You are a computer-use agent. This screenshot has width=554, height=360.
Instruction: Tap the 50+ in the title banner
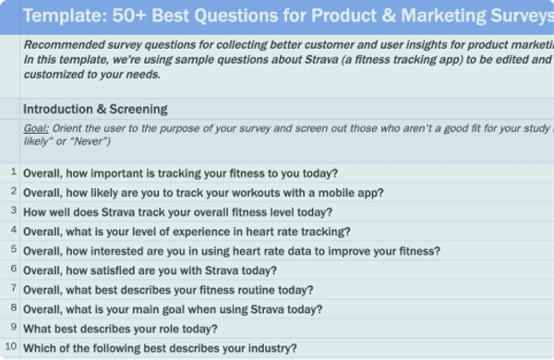tap(129, 16)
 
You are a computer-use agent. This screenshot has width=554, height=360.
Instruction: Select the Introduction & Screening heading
tap(95, 109)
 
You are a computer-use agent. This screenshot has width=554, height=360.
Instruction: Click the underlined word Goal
tap(36, 128)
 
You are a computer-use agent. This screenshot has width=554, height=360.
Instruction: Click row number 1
tap(14, 172)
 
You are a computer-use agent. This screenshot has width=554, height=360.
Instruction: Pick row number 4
tap(14, 230)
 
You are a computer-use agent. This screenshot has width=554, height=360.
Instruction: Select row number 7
tap(14, 288)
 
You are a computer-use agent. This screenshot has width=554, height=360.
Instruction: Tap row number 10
tap(11, 346)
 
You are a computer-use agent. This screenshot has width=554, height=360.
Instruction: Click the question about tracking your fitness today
tap(181, 174)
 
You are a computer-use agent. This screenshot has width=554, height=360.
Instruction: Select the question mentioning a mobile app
tap(203, 193)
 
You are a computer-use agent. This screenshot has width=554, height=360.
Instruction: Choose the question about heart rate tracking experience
tap(187, 232)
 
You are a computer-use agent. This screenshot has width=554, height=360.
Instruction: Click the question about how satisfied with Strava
tap(151, 270)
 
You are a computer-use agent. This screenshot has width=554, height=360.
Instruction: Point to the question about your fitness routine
tap(169, 290)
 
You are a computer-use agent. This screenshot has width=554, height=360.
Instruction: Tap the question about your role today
tap(120, 329)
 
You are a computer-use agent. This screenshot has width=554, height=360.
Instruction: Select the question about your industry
tap(160, 348)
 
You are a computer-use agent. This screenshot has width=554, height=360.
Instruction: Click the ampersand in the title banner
tap(389, 16)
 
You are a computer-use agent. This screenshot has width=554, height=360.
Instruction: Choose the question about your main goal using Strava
tap(174, 309)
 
